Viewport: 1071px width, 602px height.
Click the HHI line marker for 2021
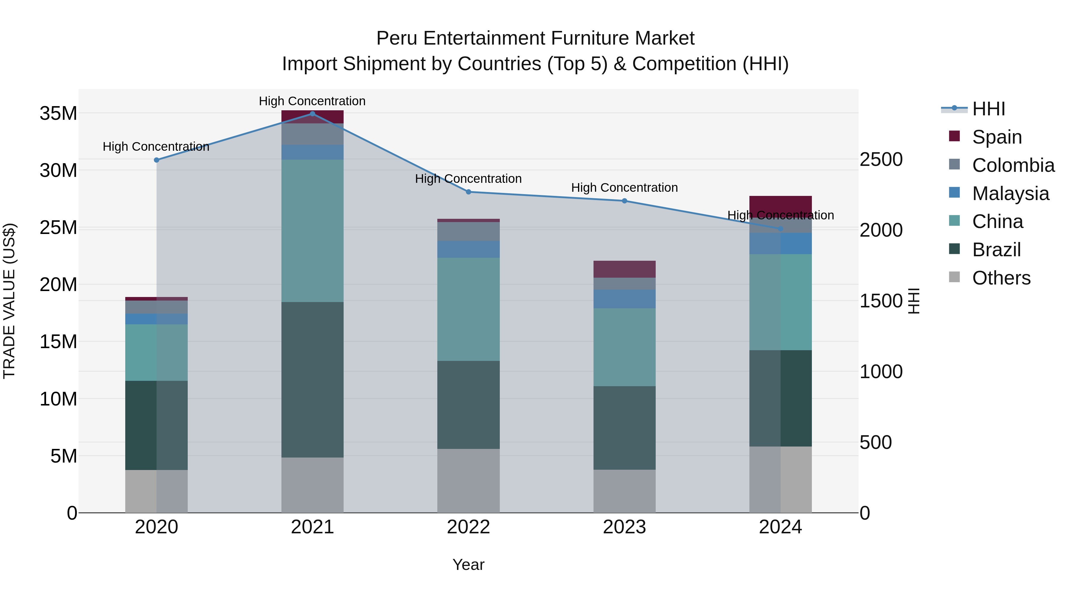pyautogui.click(x=312, y=114)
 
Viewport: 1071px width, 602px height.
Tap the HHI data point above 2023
pyautogui.click(x=624, y=201)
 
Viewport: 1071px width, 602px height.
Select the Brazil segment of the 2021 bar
pyautogui.click(x=312, y=379)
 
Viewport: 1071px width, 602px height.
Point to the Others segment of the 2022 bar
pyautogui.click(x=468, y=480)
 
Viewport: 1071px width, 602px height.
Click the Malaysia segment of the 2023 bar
pyautogui.click(x=624, y=299)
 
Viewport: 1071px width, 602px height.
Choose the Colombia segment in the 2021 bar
pyautogui.click(x=312, y=134)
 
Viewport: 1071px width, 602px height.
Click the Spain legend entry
pyautogui.click(x=997, y=137)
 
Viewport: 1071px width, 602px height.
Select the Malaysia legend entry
pyautogui.click(x=1010, y=193)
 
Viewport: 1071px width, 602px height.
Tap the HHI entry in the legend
pyautogui.click(x=988, y=109)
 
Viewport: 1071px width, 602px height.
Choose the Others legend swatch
pyautogui.click(x=955, y=277)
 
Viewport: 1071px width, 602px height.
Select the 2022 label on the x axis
pyautogui.click(x=468, y=527)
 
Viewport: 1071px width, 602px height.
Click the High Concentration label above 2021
pyautogui.click(x=312, y=101)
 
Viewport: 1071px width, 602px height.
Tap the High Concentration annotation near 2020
pyautogui.click(x=156, y=146)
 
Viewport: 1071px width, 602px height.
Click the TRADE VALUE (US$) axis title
pyautogui.click(x=9, y=301)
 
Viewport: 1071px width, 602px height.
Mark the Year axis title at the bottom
pyautogui.click(x=468, y=565)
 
